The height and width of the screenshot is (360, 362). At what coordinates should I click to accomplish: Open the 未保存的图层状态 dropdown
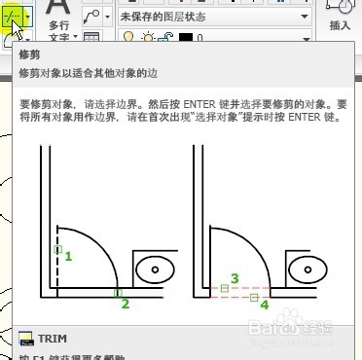(214, 18)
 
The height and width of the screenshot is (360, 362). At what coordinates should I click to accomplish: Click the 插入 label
(341, 27)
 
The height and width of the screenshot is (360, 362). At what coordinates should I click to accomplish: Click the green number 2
(125, 304)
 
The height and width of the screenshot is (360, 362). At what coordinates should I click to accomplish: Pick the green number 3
(235, 278)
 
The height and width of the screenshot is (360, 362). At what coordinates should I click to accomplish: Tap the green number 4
(265, 305)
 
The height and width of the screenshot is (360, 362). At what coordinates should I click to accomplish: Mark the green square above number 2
(117, 292)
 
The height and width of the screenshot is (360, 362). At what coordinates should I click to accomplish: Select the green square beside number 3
(225, 288)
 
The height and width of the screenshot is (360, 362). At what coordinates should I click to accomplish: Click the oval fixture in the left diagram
(155, 268)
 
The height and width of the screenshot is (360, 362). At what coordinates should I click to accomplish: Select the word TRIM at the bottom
(52, 338)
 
